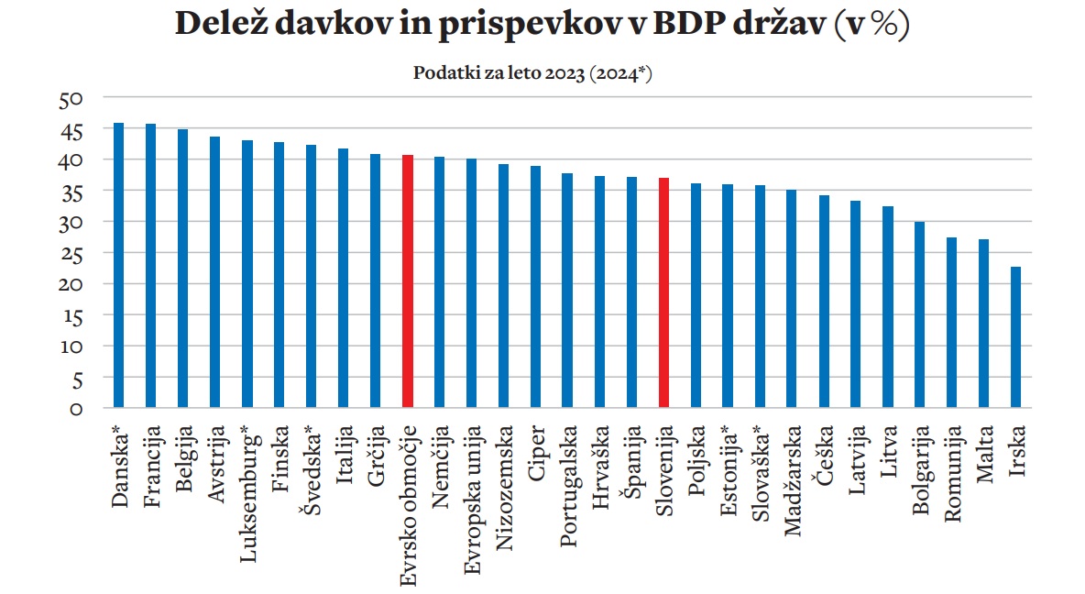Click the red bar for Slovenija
663,292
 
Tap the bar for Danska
118,265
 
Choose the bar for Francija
150,265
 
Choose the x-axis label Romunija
952,474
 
